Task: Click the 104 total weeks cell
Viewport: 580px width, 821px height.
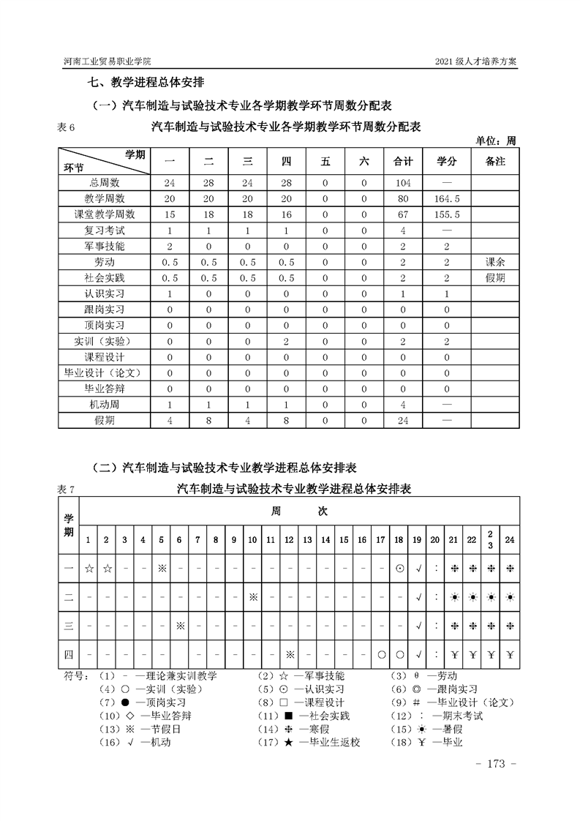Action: point(403,182)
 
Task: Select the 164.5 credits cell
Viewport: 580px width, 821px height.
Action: point(446,198)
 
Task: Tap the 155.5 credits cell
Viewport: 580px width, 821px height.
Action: point(446,214)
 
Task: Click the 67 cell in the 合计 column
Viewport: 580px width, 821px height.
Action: point(403,214)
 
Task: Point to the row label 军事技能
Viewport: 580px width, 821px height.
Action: point(105,246)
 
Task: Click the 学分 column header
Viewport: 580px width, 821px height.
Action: point(446,161)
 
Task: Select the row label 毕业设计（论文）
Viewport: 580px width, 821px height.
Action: point(105,372)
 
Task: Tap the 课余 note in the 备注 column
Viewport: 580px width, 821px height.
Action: point(495,262)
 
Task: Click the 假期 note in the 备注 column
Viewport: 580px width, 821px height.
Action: point(495,278)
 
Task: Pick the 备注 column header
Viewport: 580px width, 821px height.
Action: point(495,161)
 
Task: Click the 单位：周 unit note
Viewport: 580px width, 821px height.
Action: point(497,140)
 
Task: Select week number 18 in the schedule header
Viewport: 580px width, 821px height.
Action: point(399,540)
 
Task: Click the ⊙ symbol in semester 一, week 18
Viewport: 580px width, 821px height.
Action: point(399,567)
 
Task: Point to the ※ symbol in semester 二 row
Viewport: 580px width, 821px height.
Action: point(252,596)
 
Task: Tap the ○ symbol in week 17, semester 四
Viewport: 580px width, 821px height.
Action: point(380,655)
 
